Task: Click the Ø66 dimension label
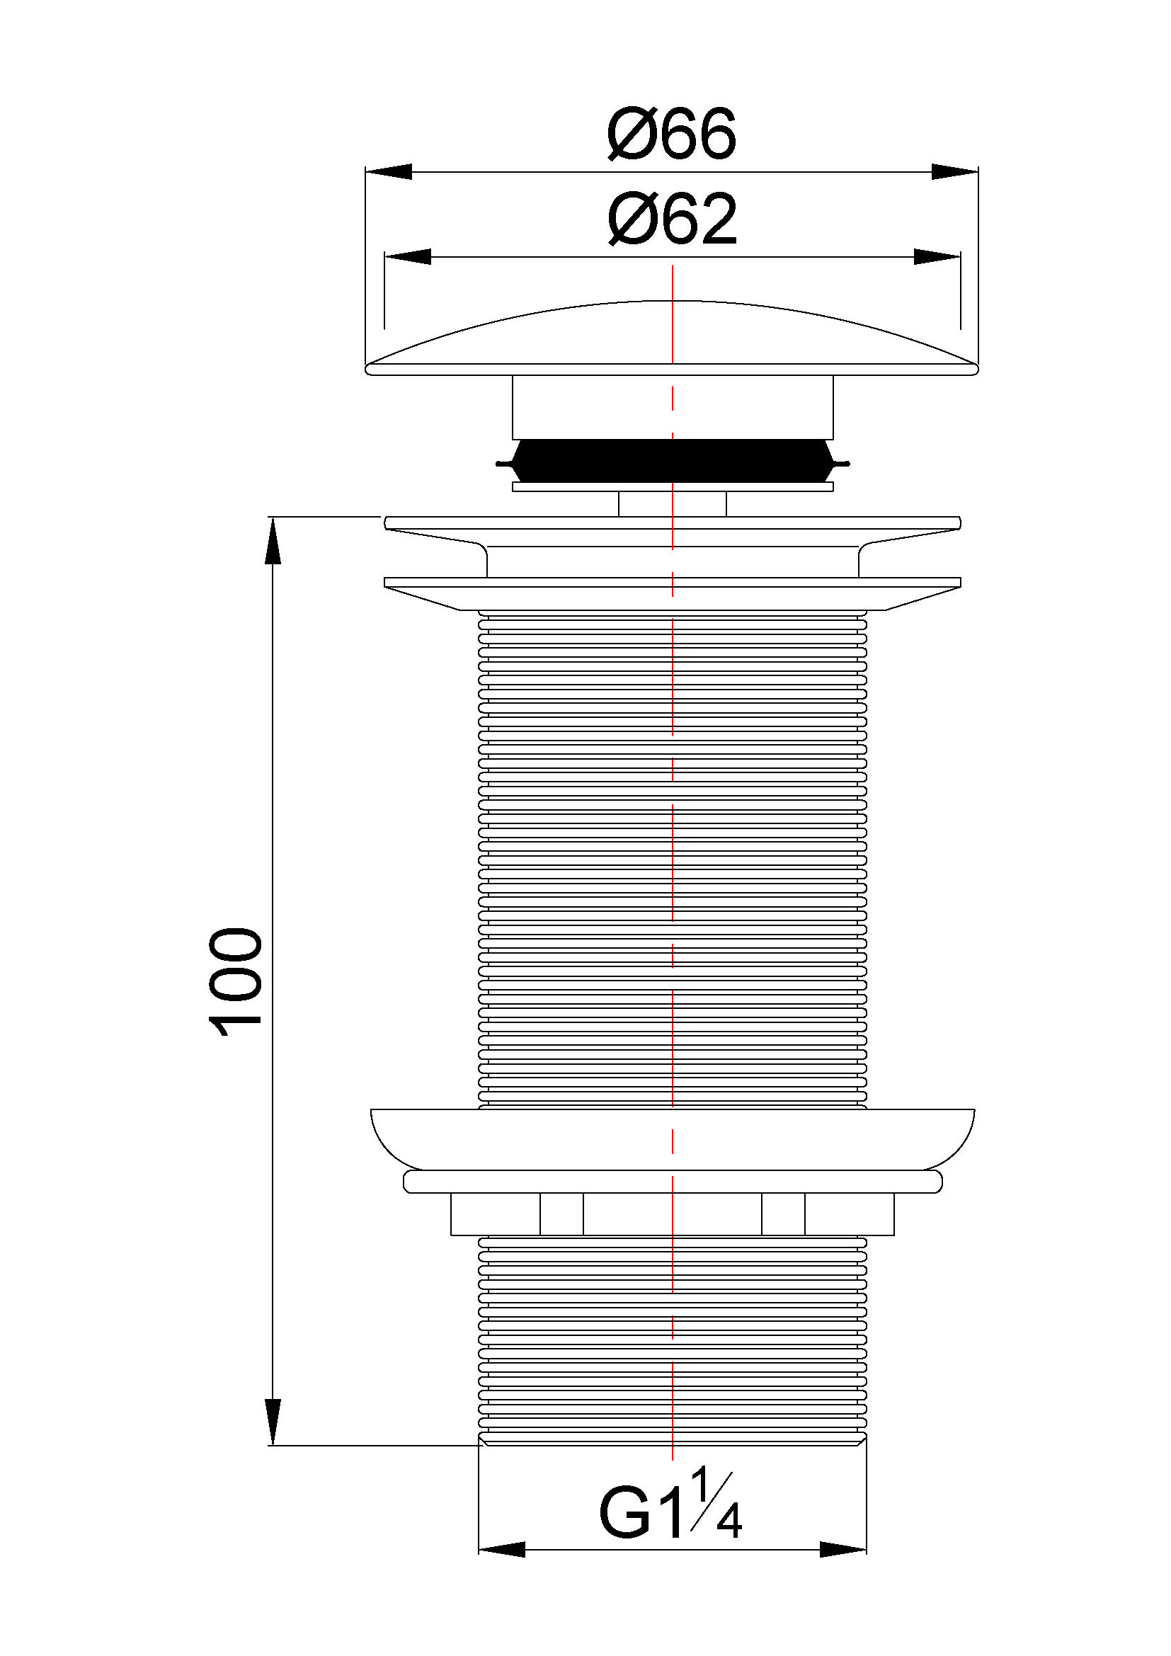[671, 134]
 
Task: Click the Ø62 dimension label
[671, 219]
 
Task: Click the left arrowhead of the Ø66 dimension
[389, 171]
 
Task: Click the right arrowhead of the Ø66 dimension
[954, 171]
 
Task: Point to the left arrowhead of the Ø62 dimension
[408, 257]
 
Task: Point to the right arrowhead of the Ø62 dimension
[937, 257]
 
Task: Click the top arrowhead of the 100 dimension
[273, 541]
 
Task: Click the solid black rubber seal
[672, 461]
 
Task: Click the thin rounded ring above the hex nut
[672, 1182]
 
